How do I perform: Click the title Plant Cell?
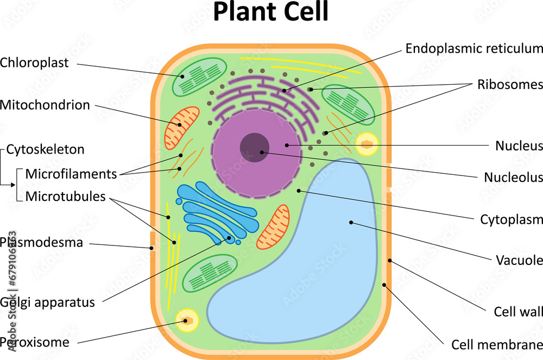[x=270, y=12]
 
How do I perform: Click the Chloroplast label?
[x=34, y=63]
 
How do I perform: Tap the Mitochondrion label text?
[x=45, y=105]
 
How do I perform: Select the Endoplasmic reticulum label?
[x=473, y=48]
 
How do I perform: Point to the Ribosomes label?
[x=510, y=85]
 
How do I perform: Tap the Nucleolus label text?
[x=513, y=178]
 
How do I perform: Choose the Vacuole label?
[x=519, y=260]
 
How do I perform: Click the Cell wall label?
[x=518, y=312]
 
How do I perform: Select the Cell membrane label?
[x=497, y=345]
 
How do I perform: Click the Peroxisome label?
[x=35, y=343]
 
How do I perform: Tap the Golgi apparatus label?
[x=48, y=302]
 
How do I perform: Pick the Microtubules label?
[x=65, y=197]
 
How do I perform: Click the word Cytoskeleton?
[x=45, y=149]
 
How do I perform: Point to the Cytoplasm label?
[x=512, y=219]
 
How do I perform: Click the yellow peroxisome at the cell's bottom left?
[x=187, y=320]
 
